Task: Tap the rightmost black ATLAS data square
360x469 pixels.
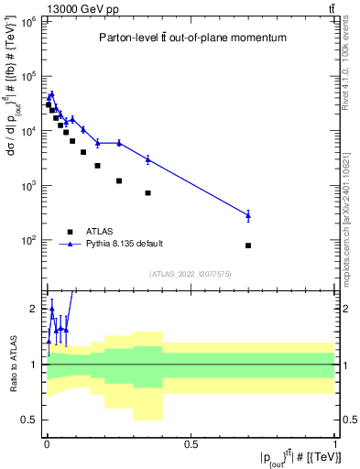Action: point(248,245)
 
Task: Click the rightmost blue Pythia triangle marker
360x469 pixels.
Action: point(248,215)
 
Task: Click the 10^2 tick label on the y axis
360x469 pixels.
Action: point(27,240)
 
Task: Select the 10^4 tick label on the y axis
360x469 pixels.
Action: point(27,130)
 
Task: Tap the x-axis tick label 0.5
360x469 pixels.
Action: point(191,444)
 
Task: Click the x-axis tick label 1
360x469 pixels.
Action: point(335,444)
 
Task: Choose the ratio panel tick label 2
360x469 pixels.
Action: point(34,309)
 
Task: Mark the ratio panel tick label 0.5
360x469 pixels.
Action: point(31,420)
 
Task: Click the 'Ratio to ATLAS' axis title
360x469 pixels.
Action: point(12,364)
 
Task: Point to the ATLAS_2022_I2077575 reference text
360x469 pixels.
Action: point(190,274)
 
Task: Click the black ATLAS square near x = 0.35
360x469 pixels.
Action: point(147,193)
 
